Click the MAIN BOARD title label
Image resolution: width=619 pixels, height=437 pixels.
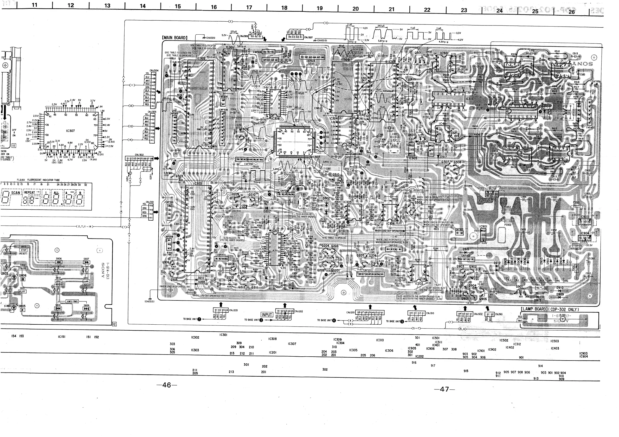175,37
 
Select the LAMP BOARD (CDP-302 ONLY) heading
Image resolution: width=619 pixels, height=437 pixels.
550,309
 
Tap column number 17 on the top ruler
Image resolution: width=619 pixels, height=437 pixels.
249,7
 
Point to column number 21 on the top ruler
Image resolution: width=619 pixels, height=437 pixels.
391,9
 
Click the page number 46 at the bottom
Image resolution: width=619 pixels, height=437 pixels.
167,385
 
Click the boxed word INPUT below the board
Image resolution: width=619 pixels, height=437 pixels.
267,314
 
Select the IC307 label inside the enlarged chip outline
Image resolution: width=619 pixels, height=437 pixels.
70,131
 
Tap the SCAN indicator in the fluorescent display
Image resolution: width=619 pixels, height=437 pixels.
15,192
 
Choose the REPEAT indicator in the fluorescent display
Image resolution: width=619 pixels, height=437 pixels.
30,192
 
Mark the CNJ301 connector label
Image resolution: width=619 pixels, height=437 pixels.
150,202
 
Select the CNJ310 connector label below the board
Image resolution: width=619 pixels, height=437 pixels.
430,313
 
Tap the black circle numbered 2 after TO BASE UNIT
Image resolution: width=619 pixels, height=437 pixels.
199,319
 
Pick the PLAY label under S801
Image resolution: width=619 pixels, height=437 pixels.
22,291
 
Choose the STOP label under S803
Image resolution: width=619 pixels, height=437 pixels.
23,250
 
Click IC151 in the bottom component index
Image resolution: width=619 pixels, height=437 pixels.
61,337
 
